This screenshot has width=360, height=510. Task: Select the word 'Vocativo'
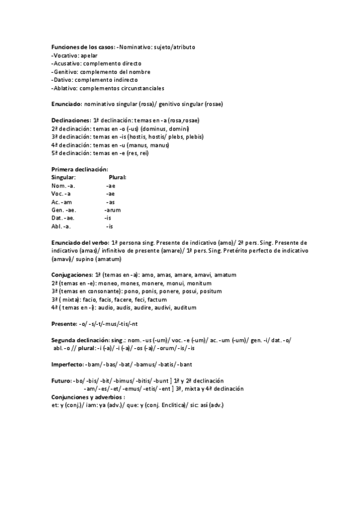[65, 55]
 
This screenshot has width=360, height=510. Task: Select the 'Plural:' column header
[117, 177]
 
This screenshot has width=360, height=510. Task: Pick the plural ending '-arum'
[112, 210]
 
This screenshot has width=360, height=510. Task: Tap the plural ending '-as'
[111, 202]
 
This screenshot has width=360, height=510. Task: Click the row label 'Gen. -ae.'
[64, 210]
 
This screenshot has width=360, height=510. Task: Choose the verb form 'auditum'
[183, 307]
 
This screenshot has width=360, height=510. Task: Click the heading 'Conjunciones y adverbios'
[87, 397]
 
